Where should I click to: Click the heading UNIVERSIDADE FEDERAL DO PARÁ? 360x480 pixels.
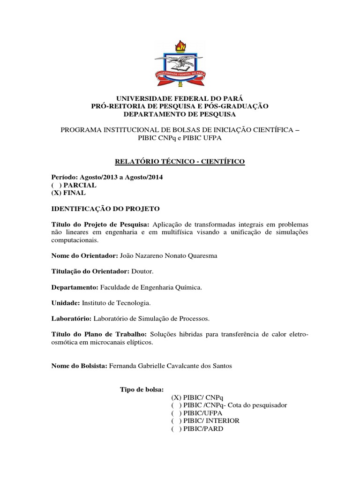click(x=180, y=98)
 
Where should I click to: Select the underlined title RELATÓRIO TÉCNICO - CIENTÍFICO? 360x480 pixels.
click(x=180, y=162)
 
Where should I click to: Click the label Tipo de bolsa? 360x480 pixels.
click(x=142, y=390)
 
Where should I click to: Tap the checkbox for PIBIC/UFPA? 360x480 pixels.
click(x=176, y=413)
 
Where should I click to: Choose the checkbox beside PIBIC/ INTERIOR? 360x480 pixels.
click(x=176, y=421)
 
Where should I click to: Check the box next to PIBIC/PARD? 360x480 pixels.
click(x=176, y=428)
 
